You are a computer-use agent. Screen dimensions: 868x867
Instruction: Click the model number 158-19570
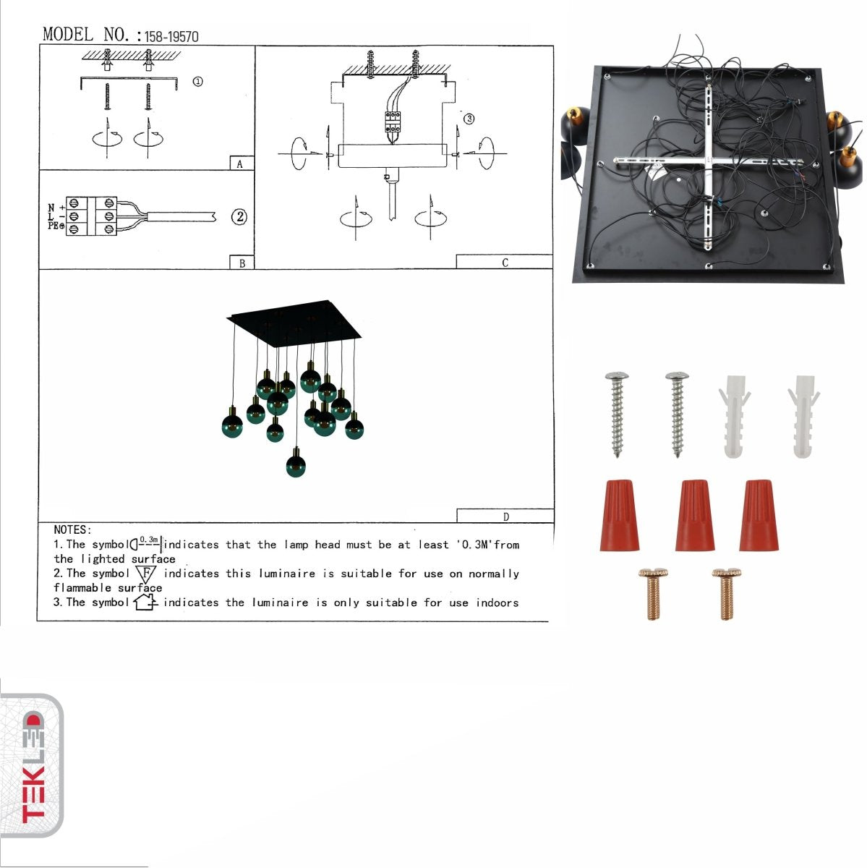point(171,36)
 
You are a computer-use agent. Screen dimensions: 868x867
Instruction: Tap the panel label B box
point(242,263)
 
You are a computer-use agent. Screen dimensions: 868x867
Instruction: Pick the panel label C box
point(505,263)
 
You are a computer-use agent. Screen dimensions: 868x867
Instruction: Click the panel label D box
point(505,516)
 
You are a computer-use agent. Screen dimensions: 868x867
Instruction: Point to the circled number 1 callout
point(197,82)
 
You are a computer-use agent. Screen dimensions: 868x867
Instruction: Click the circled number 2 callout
point(239,216)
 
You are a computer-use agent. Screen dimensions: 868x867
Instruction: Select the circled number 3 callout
point(469,119)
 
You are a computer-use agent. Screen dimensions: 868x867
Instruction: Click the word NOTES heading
point(72,530)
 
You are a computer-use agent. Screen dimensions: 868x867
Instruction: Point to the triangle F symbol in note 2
point(146,574)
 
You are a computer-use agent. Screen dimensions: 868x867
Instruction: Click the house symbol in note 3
point(145,602)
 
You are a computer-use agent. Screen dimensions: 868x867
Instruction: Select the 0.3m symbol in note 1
point(147,543)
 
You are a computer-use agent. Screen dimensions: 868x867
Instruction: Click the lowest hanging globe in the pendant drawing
point(295,463)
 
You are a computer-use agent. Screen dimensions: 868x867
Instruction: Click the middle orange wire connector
point(694,514)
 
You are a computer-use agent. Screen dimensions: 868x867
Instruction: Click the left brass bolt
point(653,593)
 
